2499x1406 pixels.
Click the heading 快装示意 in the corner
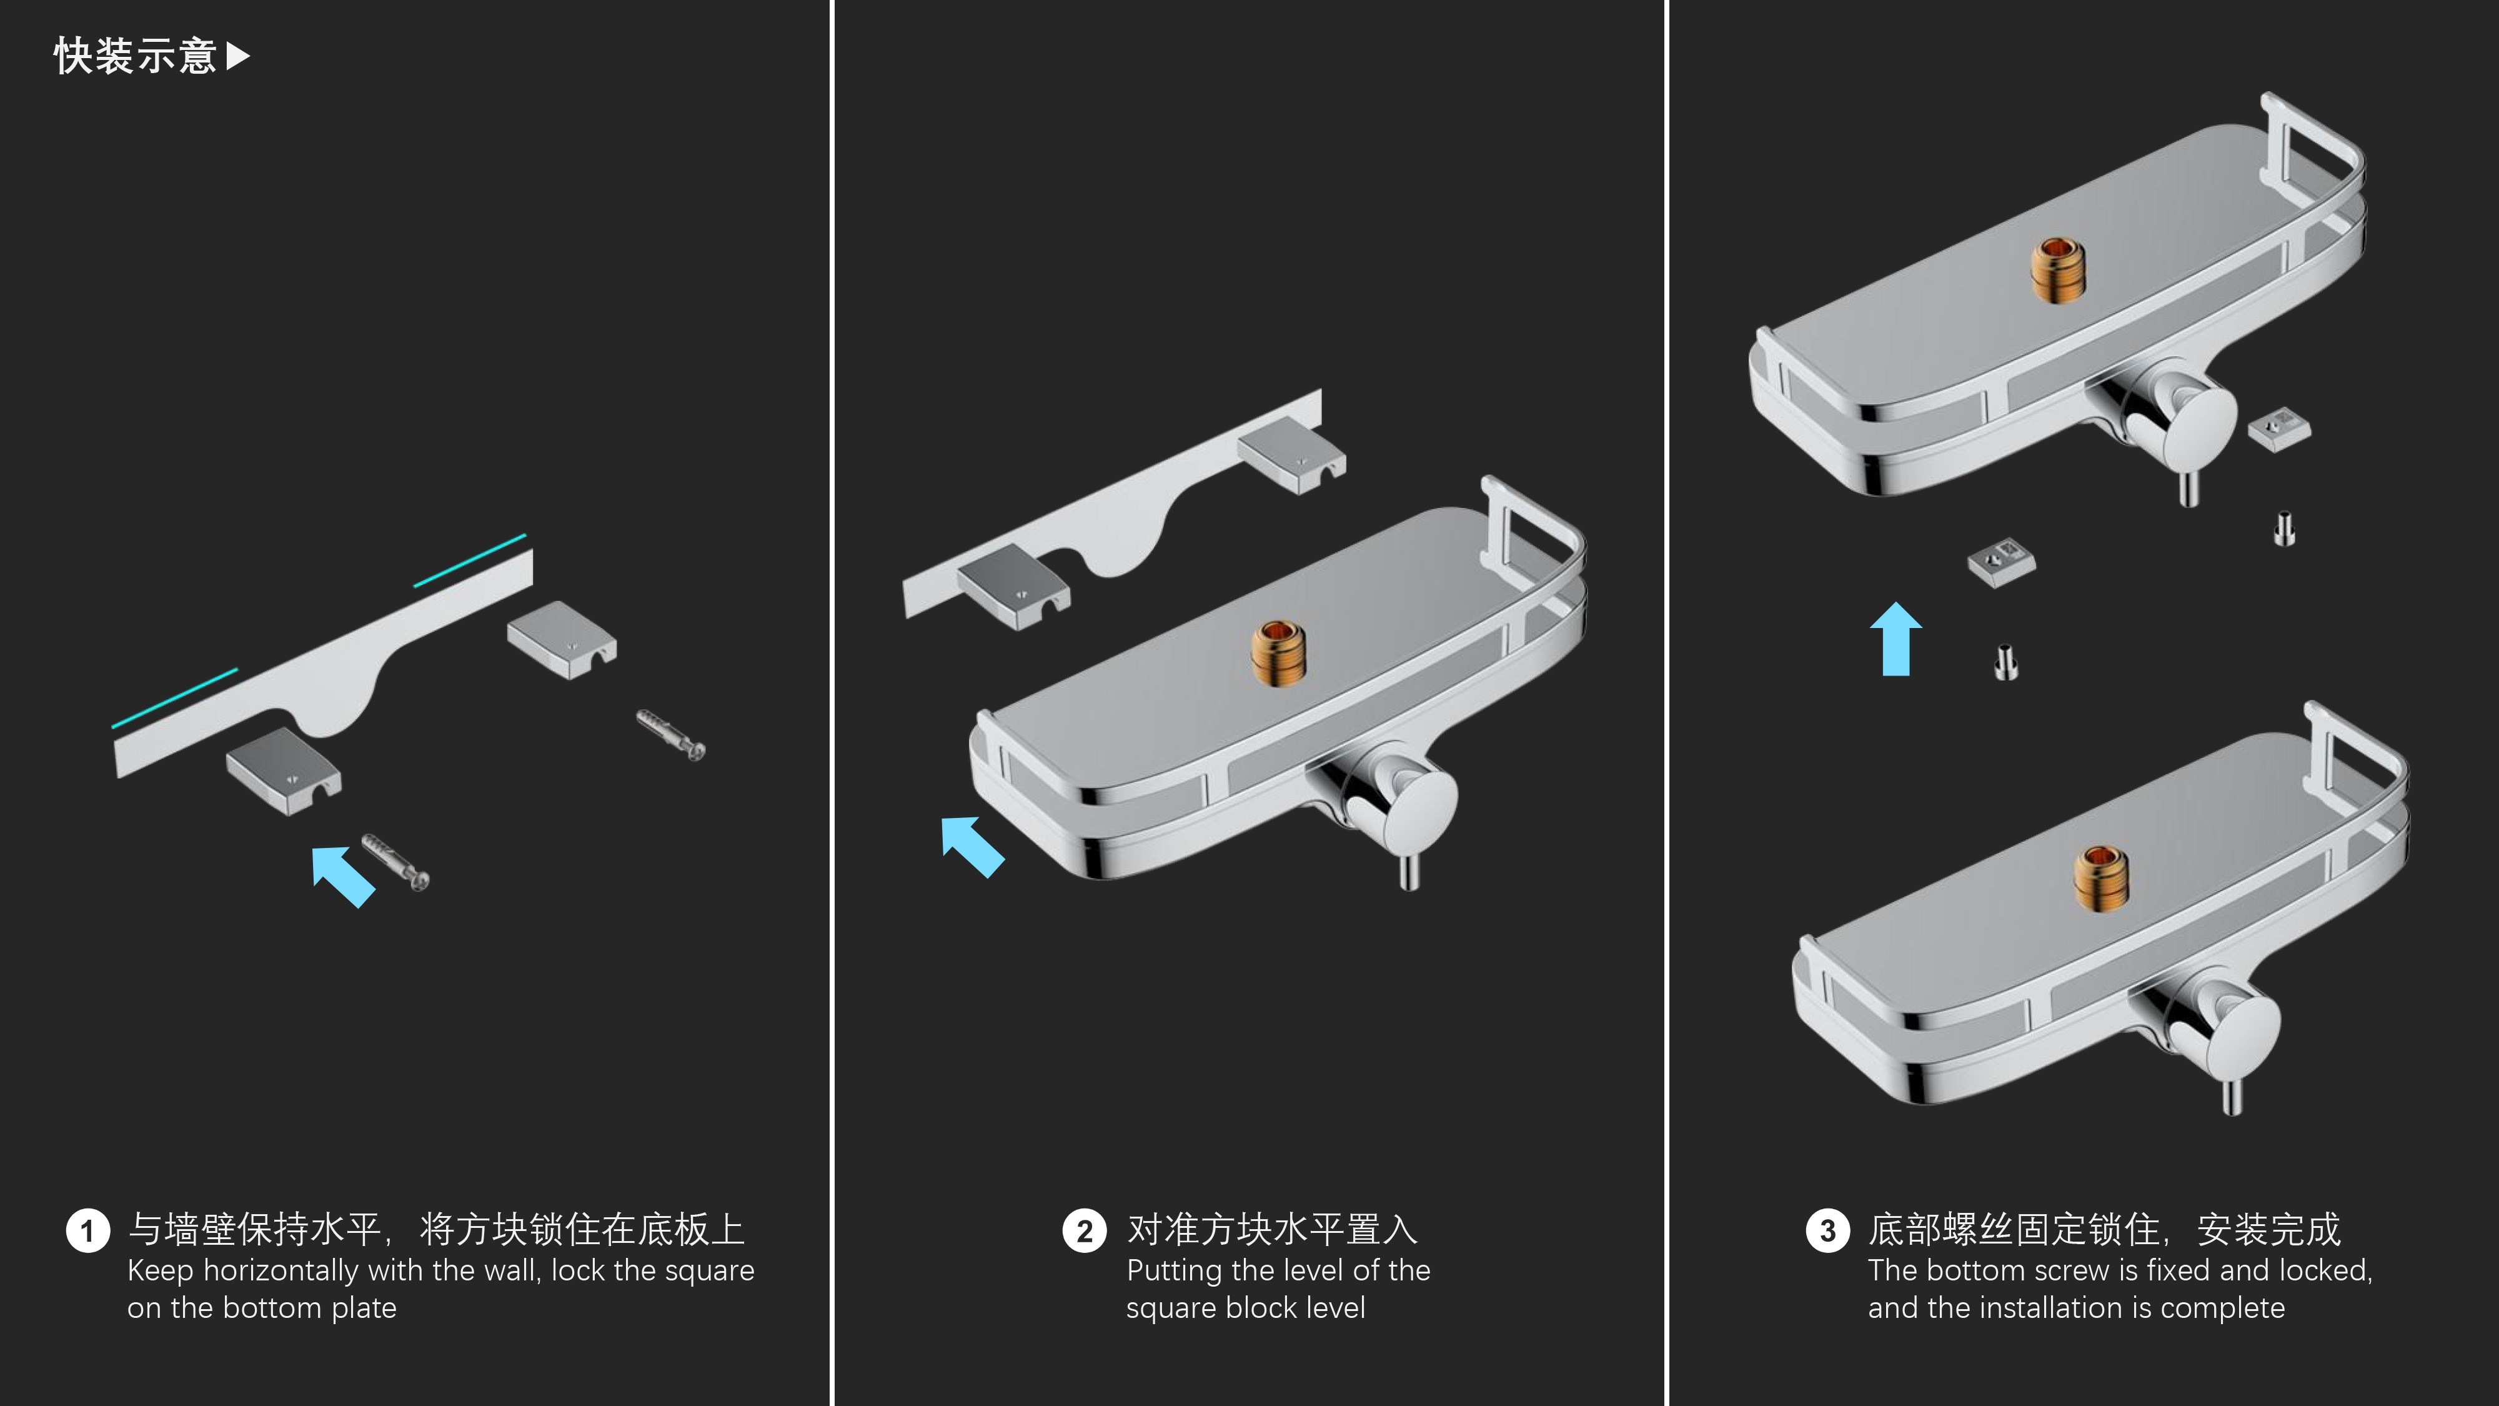point(135,56)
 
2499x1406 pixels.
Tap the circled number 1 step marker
point(87,1231)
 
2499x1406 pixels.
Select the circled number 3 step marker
point(1827,1231)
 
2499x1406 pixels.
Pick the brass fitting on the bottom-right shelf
point(2101,877)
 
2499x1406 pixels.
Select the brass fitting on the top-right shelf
point(2057,270)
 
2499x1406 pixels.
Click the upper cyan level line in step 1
point(470,560)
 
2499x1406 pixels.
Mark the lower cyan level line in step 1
point(175,697)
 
